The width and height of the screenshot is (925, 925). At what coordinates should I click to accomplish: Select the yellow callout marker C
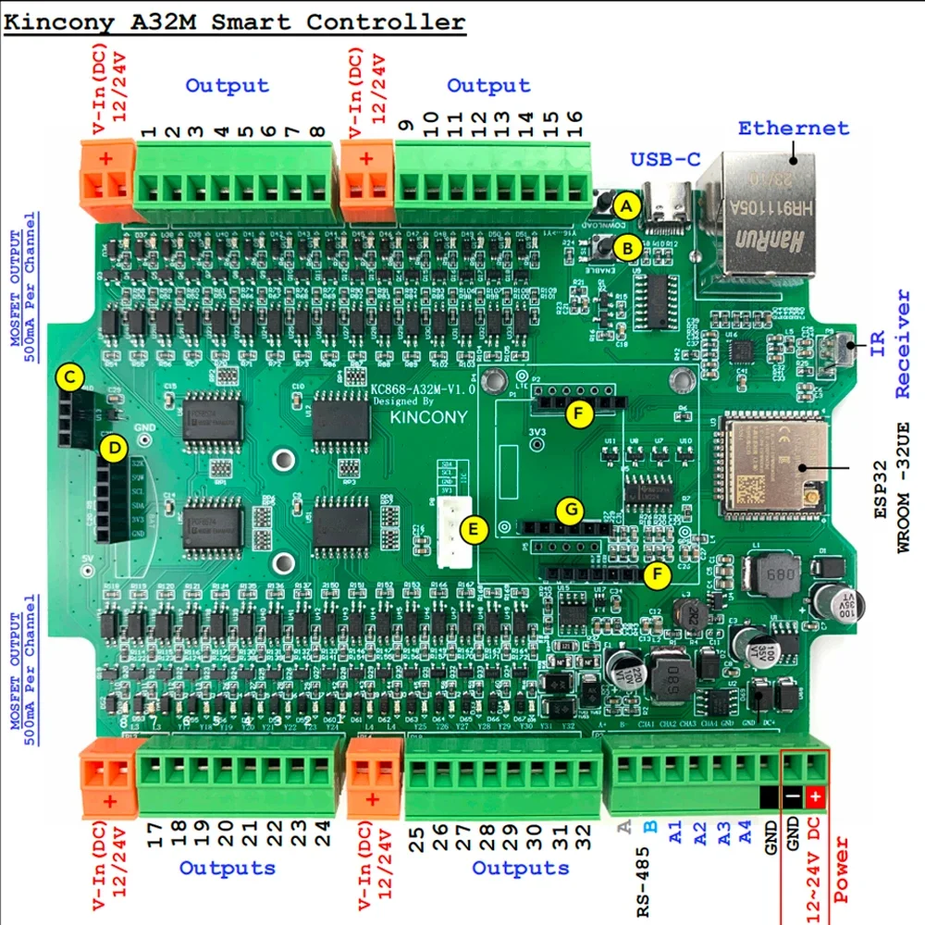pyautogui.click(x=68, y=377)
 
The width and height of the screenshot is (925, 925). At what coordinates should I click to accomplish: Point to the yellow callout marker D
pyautogui.click(x=114, y=449)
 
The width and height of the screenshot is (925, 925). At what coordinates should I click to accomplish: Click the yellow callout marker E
pyautogui.click(x=475, y=530)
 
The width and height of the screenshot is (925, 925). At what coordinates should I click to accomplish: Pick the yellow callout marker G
pyautogui.click(x=571, y=510)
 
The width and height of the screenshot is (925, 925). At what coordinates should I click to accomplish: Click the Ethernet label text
pyautogui.click(x=793, y=129)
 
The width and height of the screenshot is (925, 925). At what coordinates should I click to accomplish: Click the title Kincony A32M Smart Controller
pyautogui.click(x=235, y=22)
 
